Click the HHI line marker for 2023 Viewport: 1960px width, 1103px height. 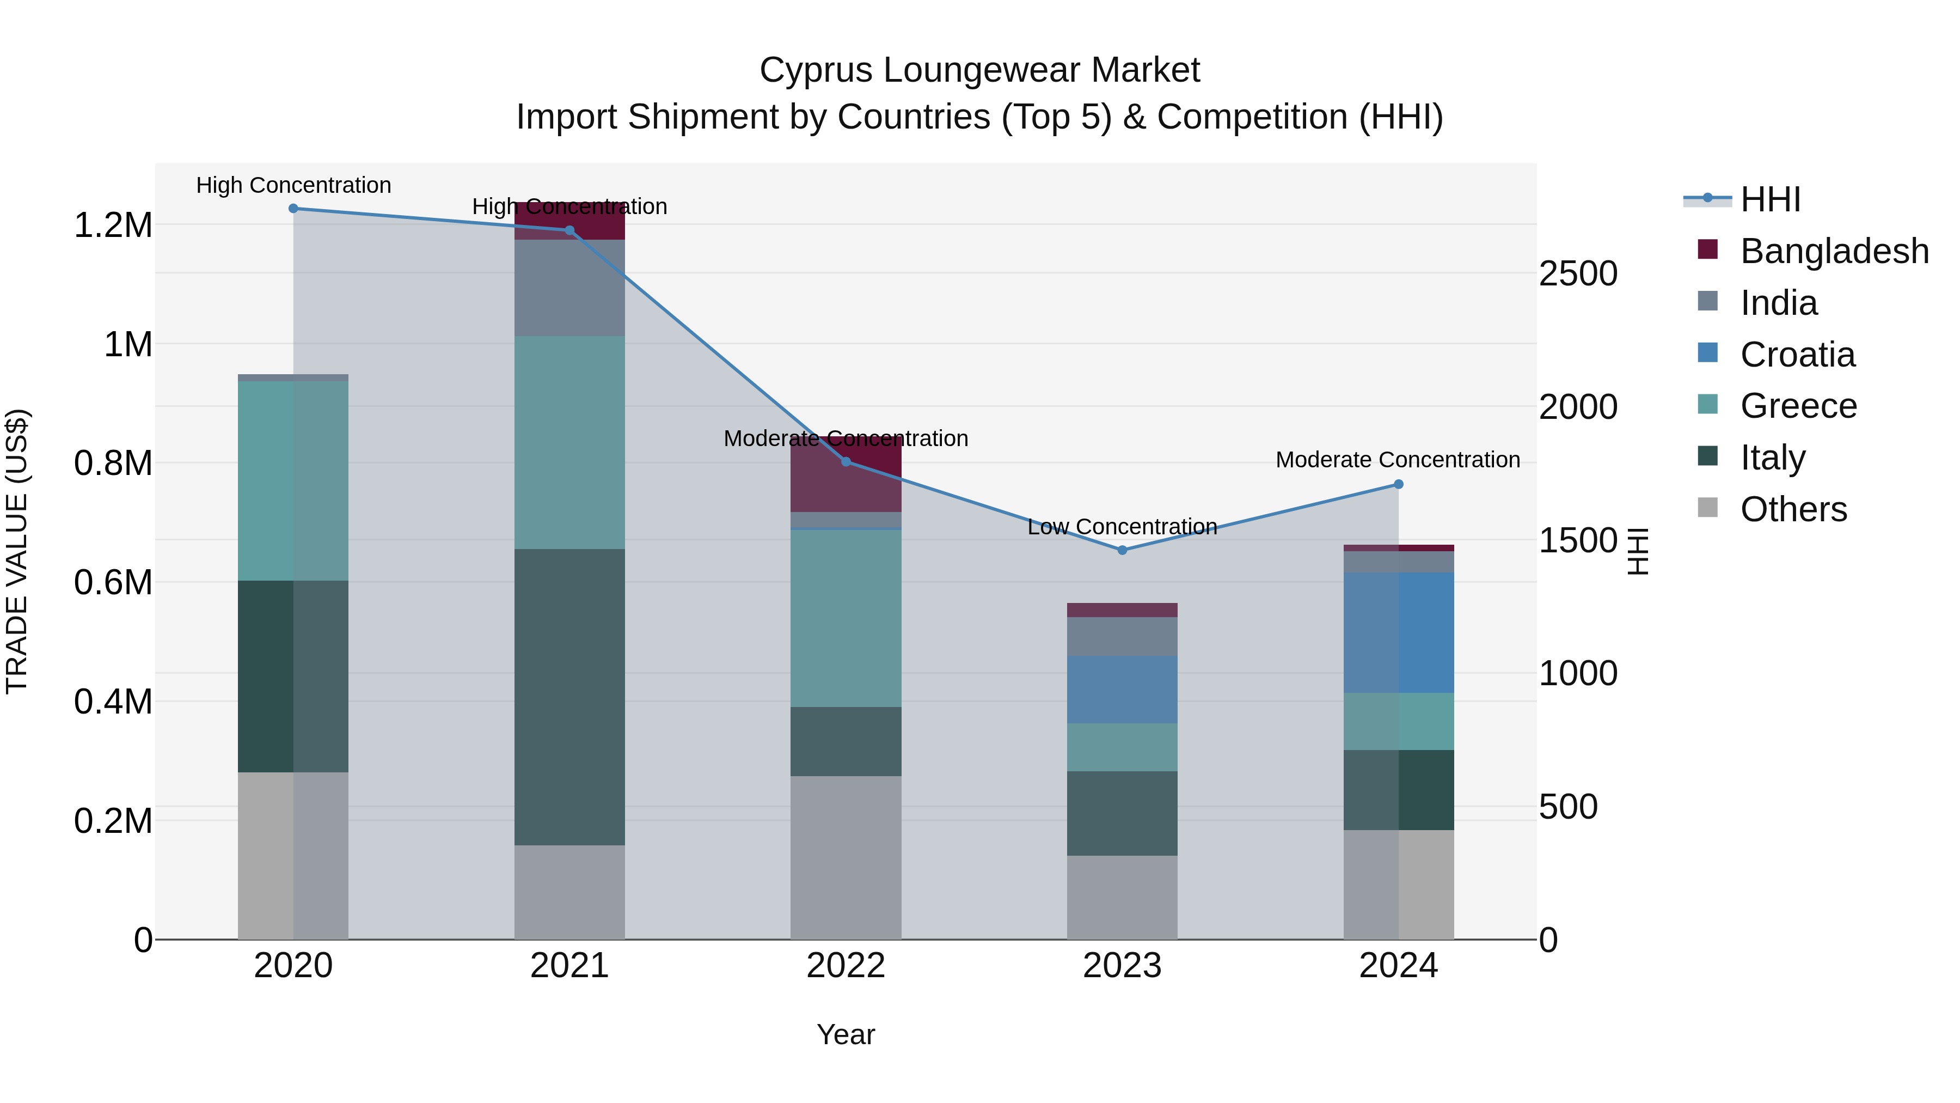point(1122,550)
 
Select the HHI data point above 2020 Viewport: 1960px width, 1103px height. point(293,209)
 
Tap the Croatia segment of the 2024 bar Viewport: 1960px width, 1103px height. point(1399,632)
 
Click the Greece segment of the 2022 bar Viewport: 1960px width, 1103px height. point(846,617)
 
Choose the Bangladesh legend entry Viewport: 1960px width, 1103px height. point(1834,251)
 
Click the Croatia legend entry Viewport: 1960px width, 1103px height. point(1797,355)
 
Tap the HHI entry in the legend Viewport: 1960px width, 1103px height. point(1770,199)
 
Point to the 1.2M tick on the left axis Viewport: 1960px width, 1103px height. point(113,226)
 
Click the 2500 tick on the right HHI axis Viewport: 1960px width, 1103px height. point(1578,273)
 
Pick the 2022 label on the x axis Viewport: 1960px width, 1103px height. point(846,966)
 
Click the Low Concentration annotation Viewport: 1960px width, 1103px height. point(1122,527)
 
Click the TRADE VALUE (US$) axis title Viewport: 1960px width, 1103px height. point(17,551)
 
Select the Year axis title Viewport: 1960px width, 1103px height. point(846,1034)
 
